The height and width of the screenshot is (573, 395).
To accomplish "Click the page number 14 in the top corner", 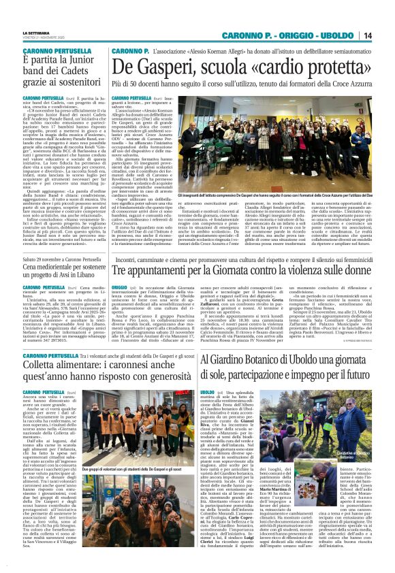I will click(385, 35).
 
